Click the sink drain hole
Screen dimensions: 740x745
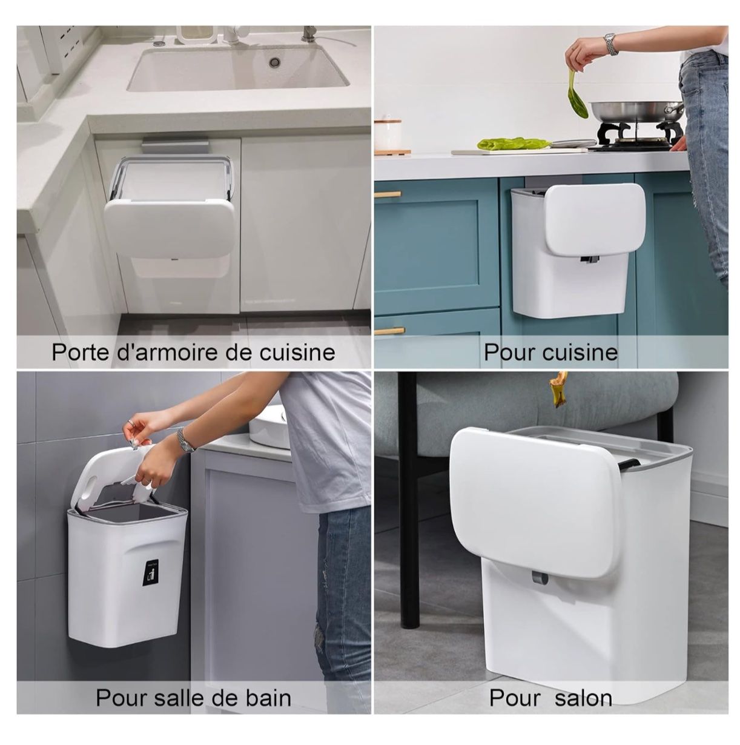274,62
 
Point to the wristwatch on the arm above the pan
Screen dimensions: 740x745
610,44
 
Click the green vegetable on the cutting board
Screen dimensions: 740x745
513,144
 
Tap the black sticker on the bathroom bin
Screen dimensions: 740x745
153,573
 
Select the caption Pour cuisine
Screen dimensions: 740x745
550,352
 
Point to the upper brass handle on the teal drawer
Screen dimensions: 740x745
388,194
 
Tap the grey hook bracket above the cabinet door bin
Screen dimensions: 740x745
175,145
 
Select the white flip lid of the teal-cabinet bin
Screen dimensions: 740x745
595,219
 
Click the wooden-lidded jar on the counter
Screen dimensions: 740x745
388,136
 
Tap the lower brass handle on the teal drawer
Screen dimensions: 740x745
389,331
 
